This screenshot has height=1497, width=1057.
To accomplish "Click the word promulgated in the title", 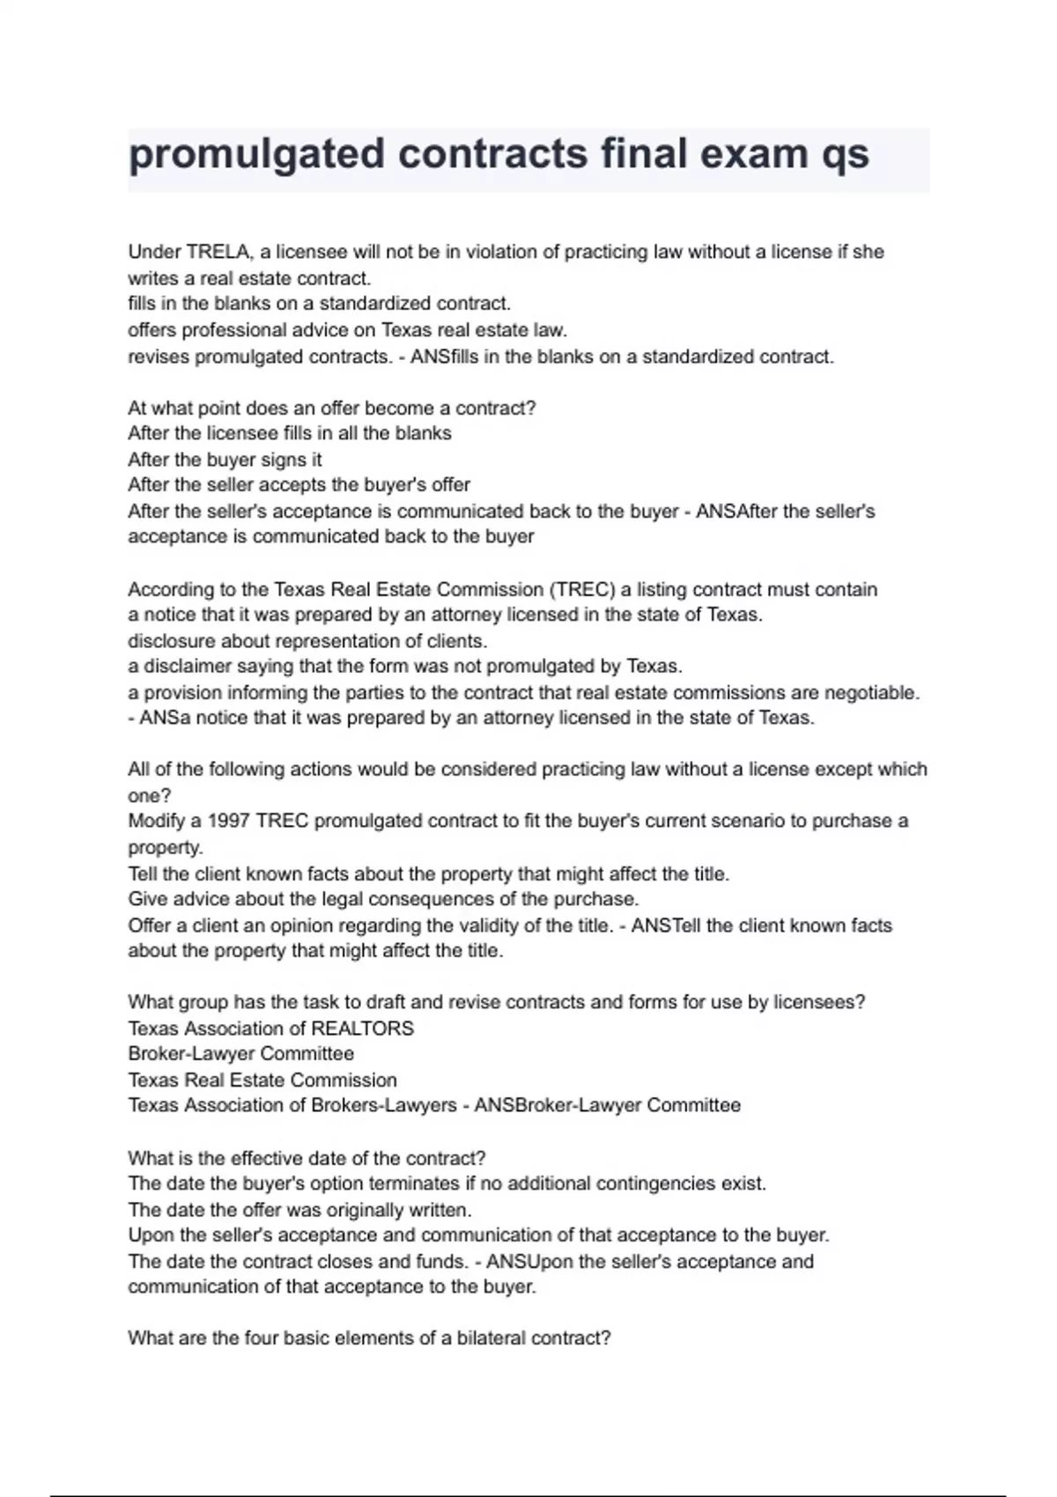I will pyautogui.click(x=255, y=155).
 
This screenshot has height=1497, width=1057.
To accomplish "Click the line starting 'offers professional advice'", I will pyautogui.click(x=347, y=330).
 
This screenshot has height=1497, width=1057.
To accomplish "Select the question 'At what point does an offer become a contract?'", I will pyautogui.click(x=331, y=408).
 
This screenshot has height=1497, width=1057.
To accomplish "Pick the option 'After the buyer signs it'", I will pyautogui.click(x=225, y=460).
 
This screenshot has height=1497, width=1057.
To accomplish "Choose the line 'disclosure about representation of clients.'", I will pyautogui.click(x=307, y=641).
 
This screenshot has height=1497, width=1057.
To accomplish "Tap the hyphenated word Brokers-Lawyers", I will pyautogui.click(x=384, y=1105).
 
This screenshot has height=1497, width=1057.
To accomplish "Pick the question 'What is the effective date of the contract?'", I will pyautogui.click(x=307, y=1158).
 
